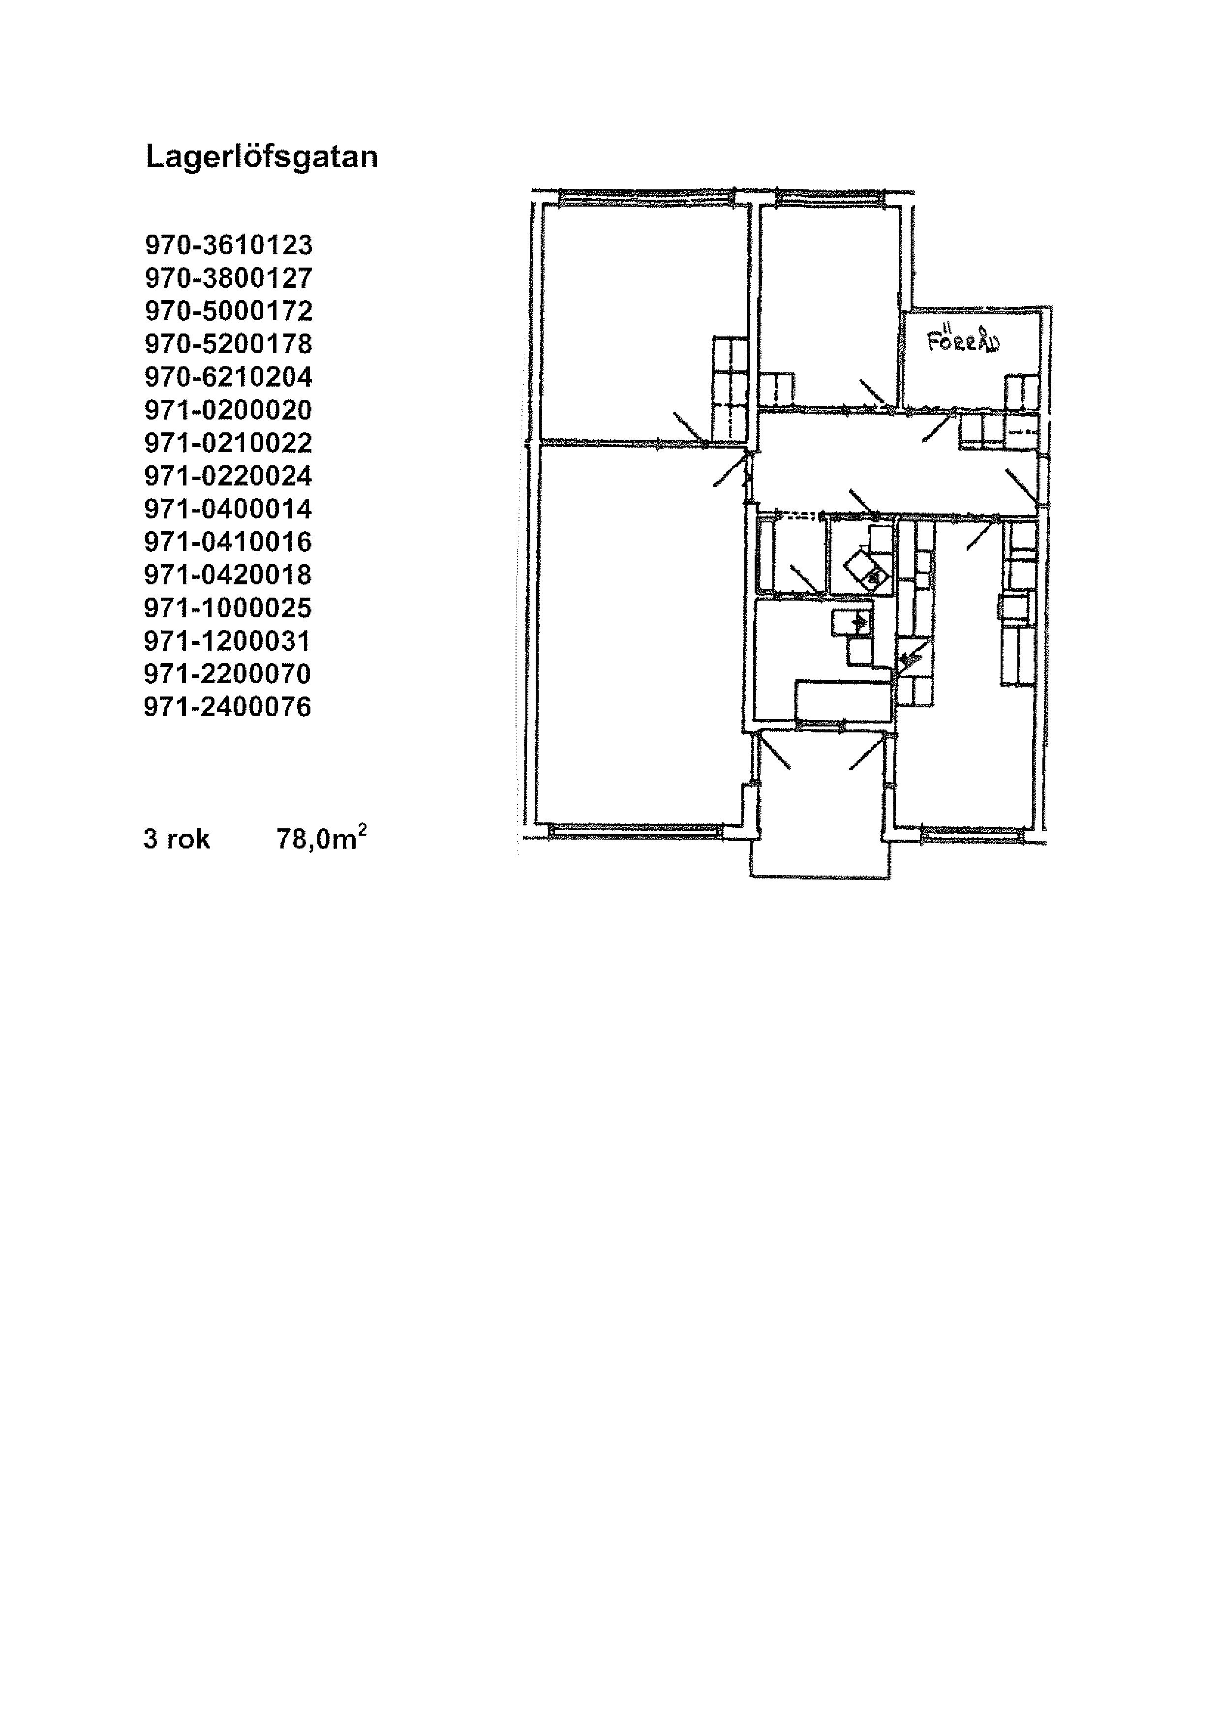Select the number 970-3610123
pyautogui.click(x=228, y=245)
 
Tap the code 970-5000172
pyautogui.click(x=228, y=311)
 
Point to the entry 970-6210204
pyautogui.click(x=228, y=376)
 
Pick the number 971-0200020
pyautogui.click(x=228, y=409)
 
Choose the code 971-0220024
pyautogui.click(x=228, y=476)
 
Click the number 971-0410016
pyautogui.click(x=228, y=542)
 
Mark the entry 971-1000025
pyautogui.click(x=228, y=608)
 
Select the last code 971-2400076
pyautogui.click(x=228, y=707)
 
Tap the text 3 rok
pyautogui.click(x=177, y=839)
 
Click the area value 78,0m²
pyautogui.click(x=322, y=837)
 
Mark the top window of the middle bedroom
pyautogui.click(x=829, y=198)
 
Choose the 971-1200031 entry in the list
pyautogui.click(x=228, y=641)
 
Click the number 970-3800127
pyautogui.click(x=228, y=278)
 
